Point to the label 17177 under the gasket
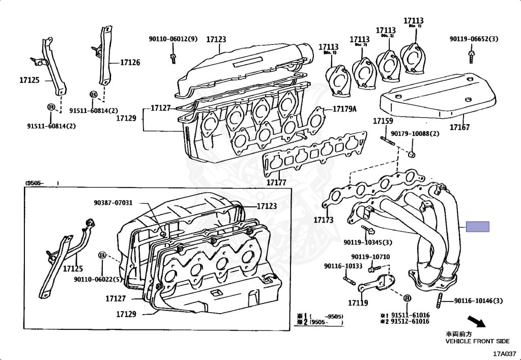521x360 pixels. coord(276,182)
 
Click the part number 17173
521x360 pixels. coord(323,220)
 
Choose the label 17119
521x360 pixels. coord(358,303)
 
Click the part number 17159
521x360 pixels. coord(383,121)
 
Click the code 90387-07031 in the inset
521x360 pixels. coord(113,203)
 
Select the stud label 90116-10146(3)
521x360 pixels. coord(478,301)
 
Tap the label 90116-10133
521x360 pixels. coord(343,266)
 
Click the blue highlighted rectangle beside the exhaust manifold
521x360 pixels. coord(478,227)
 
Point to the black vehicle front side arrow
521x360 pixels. coord(477,323)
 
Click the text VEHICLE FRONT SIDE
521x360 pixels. coord(477,341)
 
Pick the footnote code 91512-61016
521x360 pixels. coord(408,321)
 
